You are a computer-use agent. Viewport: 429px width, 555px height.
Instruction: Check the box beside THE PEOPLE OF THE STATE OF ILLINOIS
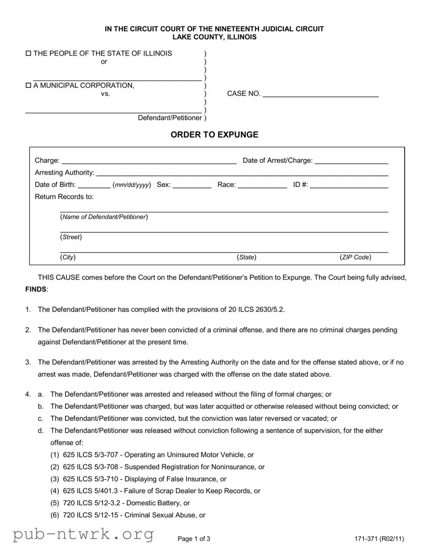[x=29, y=53]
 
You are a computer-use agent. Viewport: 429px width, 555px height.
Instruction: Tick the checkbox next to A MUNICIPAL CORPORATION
[x=29, y=85]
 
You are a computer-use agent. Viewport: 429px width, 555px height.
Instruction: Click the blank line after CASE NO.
[x=320, y=95]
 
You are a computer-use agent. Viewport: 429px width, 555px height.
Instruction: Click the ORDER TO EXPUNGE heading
[x=214, y=135]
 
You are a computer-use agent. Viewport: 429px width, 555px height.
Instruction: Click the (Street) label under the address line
[x=71, y=237]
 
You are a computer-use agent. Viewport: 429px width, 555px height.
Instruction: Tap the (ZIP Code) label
[x=355, y=257]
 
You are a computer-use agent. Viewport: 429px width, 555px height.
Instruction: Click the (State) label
[x=247, y=257]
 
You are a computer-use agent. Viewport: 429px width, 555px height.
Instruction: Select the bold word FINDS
[x=35, y=290]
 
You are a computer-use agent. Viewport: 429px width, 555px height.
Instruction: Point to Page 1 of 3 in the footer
[x=194, y=539]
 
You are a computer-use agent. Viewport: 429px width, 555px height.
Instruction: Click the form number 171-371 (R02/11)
[x=380, y=539]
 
